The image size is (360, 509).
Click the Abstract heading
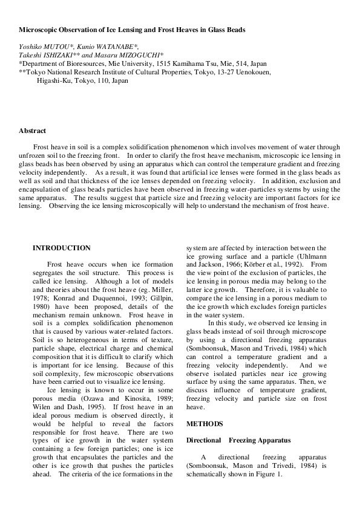pyautogui.click(x=32, y=131)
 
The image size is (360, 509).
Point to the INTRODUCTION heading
pyautogui.click(x=62, y=248)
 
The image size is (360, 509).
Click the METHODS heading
pyautogui.click(x=205, y=424)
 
